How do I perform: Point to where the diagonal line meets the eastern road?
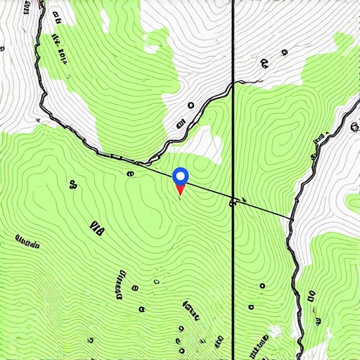click(x=292, y=219)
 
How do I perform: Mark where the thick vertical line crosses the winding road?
click(x=233, y=86)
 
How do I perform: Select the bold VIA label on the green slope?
click(x=97, y=226)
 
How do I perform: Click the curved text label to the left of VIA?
click(x=27, y=242)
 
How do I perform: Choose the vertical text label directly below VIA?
click(x=116, y=281)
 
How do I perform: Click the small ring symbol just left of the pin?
click(x=130, y=173)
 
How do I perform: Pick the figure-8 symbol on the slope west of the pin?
click(x=72, y=186)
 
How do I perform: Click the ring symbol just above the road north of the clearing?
click(x=191, y=105)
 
